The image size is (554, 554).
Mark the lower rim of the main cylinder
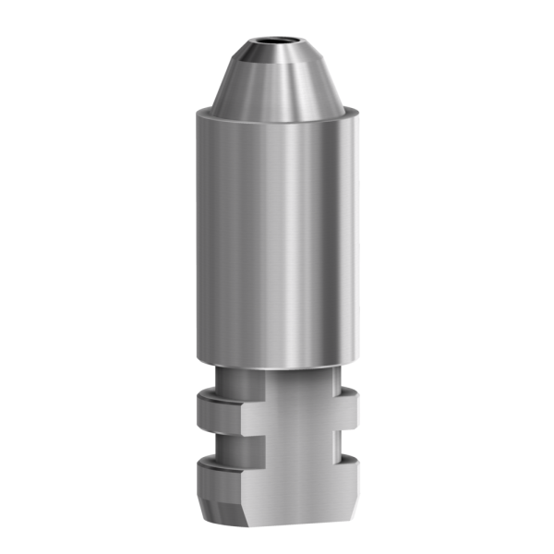(x=277, y=363)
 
